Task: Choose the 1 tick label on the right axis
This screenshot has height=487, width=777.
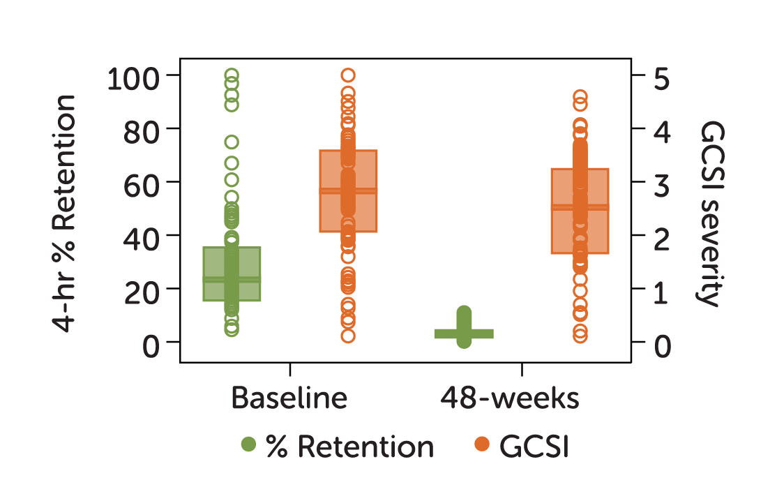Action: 661,291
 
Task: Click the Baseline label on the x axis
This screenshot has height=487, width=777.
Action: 289,398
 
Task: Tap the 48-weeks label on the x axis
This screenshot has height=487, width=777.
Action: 510,398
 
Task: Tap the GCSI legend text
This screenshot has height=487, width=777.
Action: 535,447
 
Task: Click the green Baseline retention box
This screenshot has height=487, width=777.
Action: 232,274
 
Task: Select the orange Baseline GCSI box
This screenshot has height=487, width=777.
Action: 348,190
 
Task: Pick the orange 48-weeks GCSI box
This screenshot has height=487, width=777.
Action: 580,211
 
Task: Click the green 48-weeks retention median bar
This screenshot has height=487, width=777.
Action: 464,334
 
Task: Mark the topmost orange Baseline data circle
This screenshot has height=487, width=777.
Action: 348,75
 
